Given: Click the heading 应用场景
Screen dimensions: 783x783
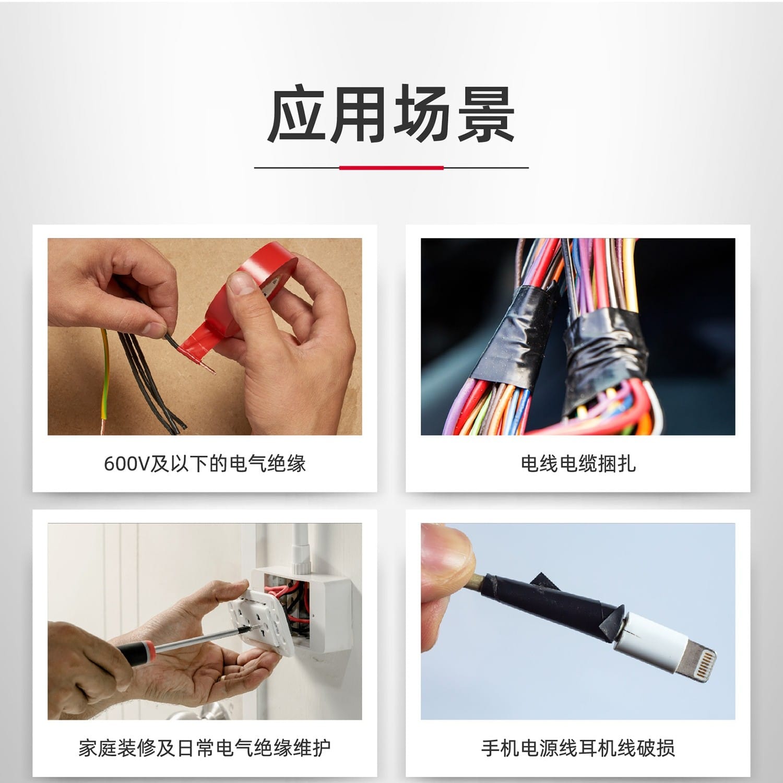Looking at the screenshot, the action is pyautogui.click(x=391, y=115).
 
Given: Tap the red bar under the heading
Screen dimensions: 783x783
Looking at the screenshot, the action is pyautogui.click(x=391, y=168).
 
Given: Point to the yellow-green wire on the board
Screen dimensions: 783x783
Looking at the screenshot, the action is pyautogui.click(x=106, y=381).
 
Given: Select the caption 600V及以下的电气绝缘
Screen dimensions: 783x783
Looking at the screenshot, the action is pyautogui.click(x=205, y=464).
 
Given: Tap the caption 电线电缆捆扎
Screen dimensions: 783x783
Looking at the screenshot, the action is pyautogui.click(x=578, y=464).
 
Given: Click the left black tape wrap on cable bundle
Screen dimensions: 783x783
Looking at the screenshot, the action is pyautogui.click(x=514, y=334).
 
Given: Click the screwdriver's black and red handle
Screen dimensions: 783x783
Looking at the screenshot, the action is pyautogui.click(x=134, y=652).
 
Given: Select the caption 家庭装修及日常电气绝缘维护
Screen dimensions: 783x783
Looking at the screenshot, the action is pyautogui.click(x=205, y=748).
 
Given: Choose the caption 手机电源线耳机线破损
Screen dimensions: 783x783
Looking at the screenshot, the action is pyautogui.click(x=578, y=748).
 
